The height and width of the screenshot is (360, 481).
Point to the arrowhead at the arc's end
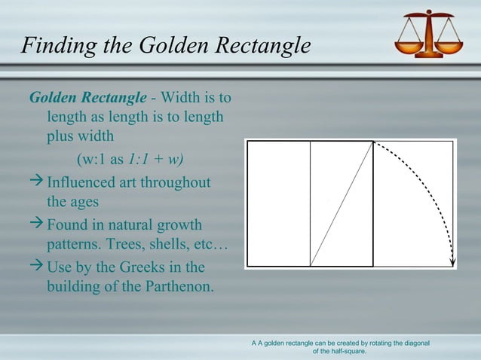coord(452,262)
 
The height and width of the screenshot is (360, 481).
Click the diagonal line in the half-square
coord(342,203)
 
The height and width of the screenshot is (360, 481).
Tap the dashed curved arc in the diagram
coord(430,188)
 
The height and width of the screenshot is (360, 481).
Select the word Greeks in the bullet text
coord(146,267)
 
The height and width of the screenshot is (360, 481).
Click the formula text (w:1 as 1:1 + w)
coord(130,160)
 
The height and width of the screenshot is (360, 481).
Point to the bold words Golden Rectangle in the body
coord(87,98)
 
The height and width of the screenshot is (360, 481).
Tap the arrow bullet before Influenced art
coord(36,183)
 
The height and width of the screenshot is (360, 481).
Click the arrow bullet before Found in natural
coord(36,225)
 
